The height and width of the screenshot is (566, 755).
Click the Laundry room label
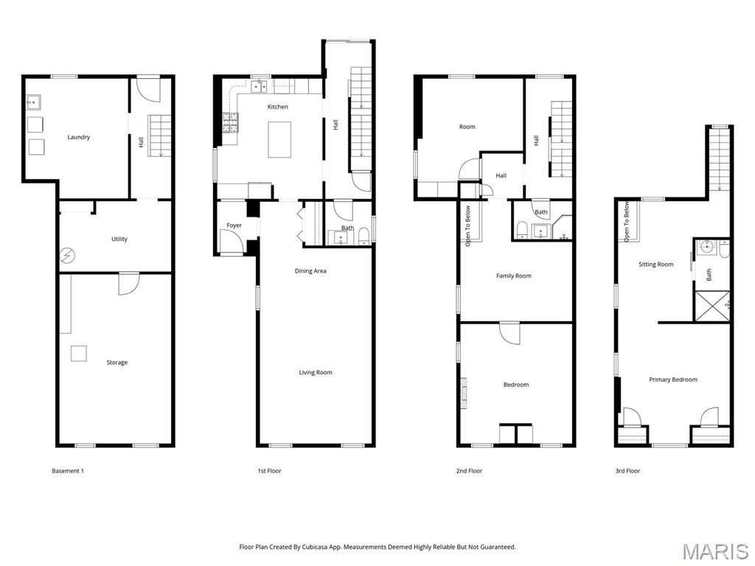(x=78, y=137)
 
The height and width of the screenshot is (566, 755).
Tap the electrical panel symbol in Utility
(x=67, y=254)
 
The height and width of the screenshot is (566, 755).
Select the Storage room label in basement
(x=116, y=363)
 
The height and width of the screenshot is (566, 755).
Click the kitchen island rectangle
(x=280, y=140)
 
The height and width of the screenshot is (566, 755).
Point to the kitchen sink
(x=260, y=87)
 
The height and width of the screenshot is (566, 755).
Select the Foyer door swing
(x=229, y=241)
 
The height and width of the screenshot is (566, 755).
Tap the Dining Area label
(x=310, y=271)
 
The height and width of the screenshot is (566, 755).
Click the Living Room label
(x=316, y=373)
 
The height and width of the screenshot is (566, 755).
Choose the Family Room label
(x=513, y=276)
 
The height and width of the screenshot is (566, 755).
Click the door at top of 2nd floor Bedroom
(x=509, y=333)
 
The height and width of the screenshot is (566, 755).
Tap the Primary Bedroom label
(x=672, y=380)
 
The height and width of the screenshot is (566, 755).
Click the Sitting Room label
(x=655, y=265)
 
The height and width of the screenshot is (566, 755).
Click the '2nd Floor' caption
(x=469, y=471)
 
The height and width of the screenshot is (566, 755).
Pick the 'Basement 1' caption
(x=68, y=471)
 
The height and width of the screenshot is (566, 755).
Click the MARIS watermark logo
(x=714, y=551)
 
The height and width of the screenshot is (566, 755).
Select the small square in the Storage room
(x=79, y=353)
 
